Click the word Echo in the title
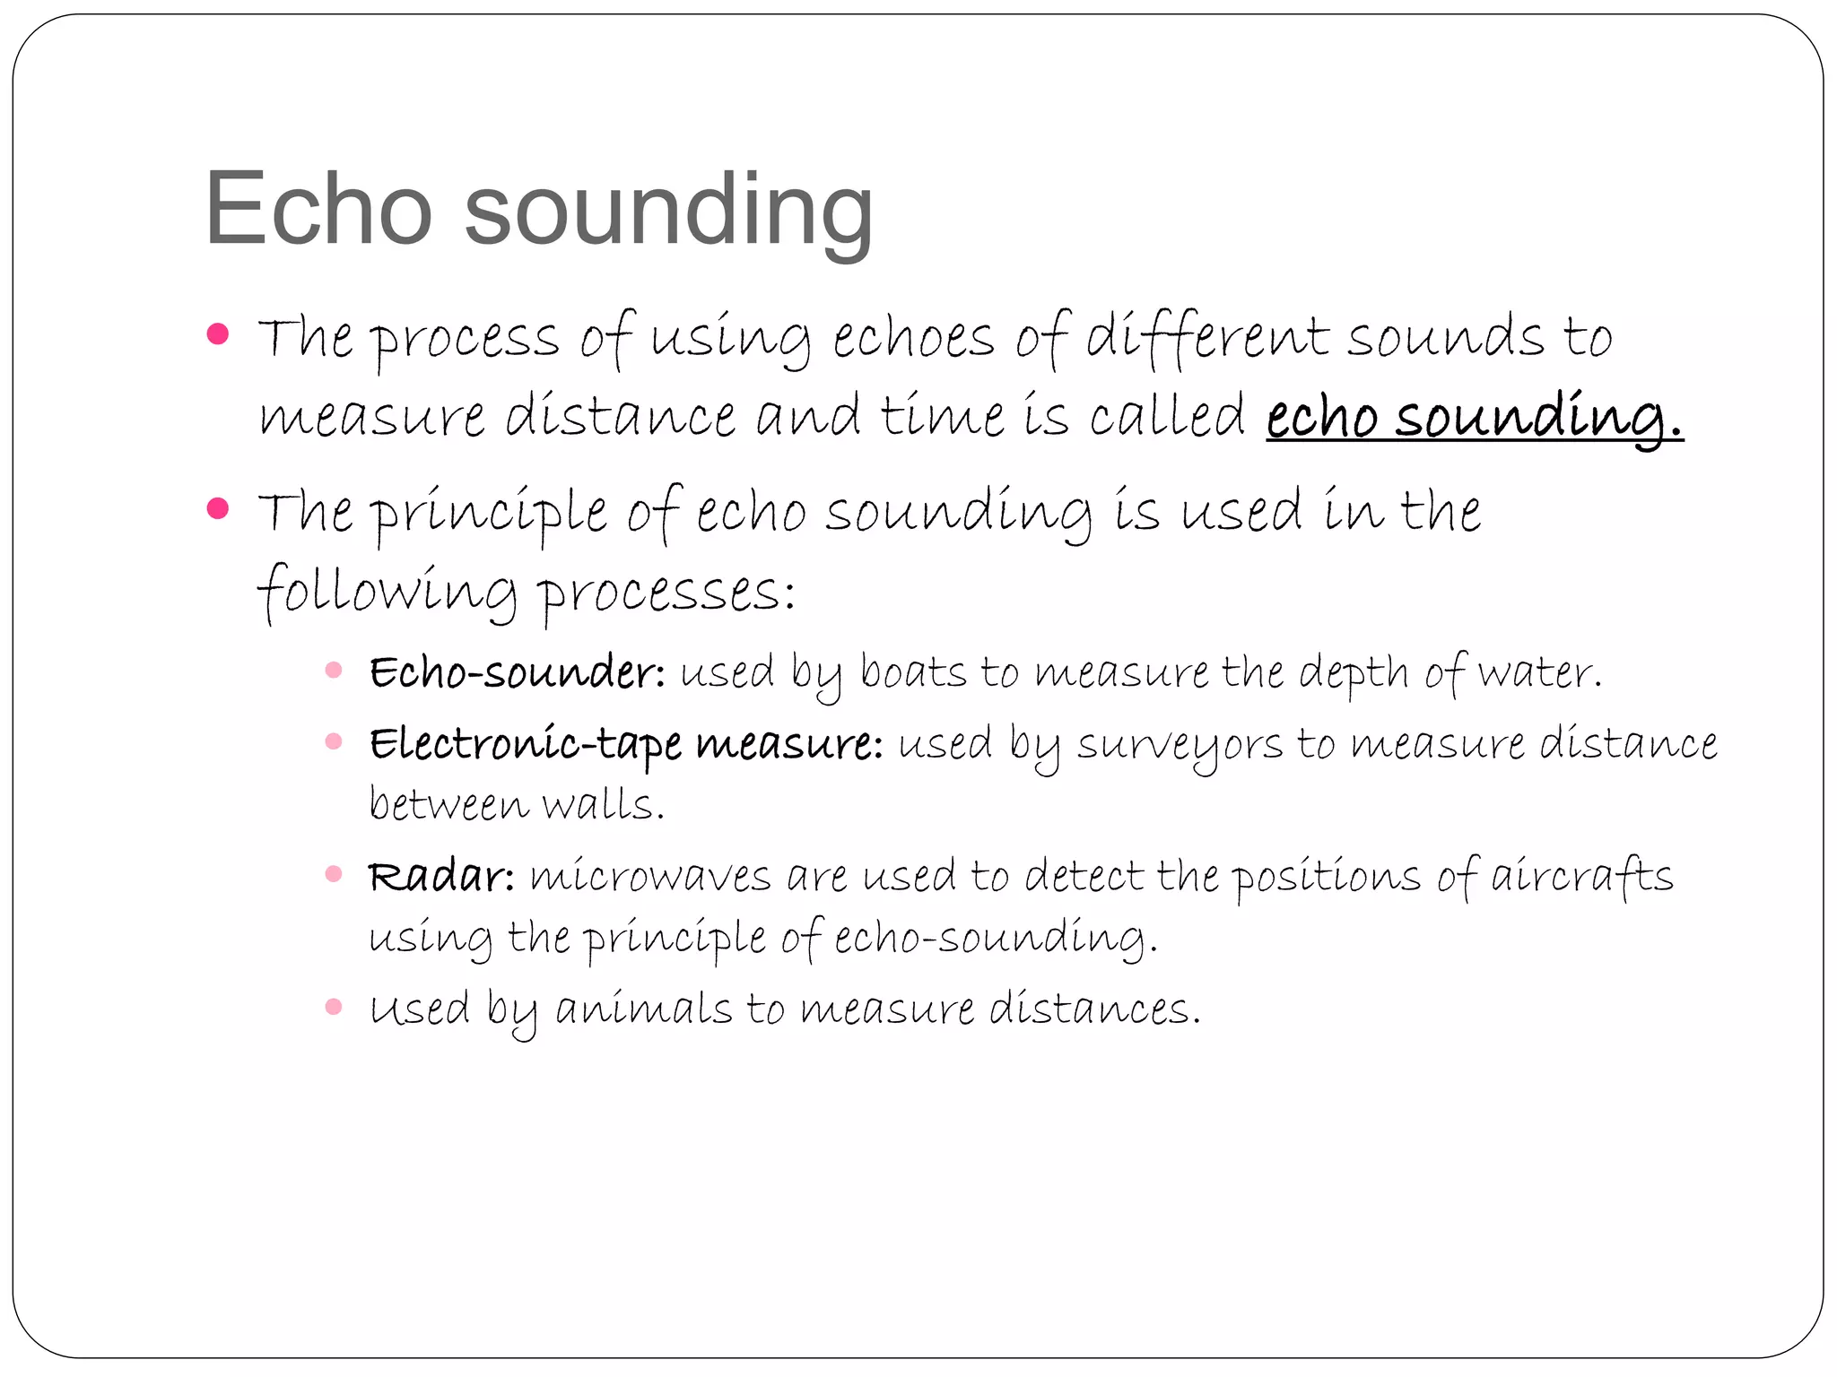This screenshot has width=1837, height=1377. [x=318, y=209]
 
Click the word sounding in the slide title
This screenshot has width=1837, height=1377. [x=668, y=212]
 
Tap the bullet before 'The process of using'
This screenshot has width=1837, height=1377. [x=218, y=334]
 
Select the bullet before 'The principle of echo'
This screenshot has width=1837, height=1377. [x=218, y=508]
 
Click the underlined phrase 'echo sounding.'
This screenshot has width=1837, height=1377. [x=1474, y=417]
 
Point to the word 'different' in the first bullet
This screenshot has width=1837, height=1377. [x=1207, y=337]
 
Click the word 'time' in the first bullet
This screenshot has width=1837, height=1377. [x=942, y=416]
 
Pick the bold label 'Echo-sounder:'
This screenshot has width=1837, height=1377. [x=518, y=672]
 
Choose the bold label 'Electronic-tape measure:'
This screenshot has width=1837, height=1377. [x=626, y=744]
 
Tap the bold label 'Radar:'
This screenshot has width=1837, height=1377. [x=441, y=876]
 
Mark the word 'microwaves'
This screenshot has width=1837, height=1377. [x=650, y=876]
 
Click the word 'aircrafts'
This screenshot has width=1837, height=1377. [x=1582, y=876]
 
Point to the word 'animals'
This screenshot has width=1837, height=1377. [x=644, y=1009]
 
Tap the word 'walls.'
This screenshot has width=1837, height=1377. [x=604, y=804]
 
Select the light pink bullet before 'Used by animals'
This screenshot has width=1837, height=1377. [x=334, y=1007]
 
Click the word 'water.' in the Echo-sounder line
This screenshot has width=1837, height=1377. [x=1539, y=672]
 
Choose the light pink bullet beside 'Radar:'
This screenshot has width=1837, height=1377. [x=334, y=874]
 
